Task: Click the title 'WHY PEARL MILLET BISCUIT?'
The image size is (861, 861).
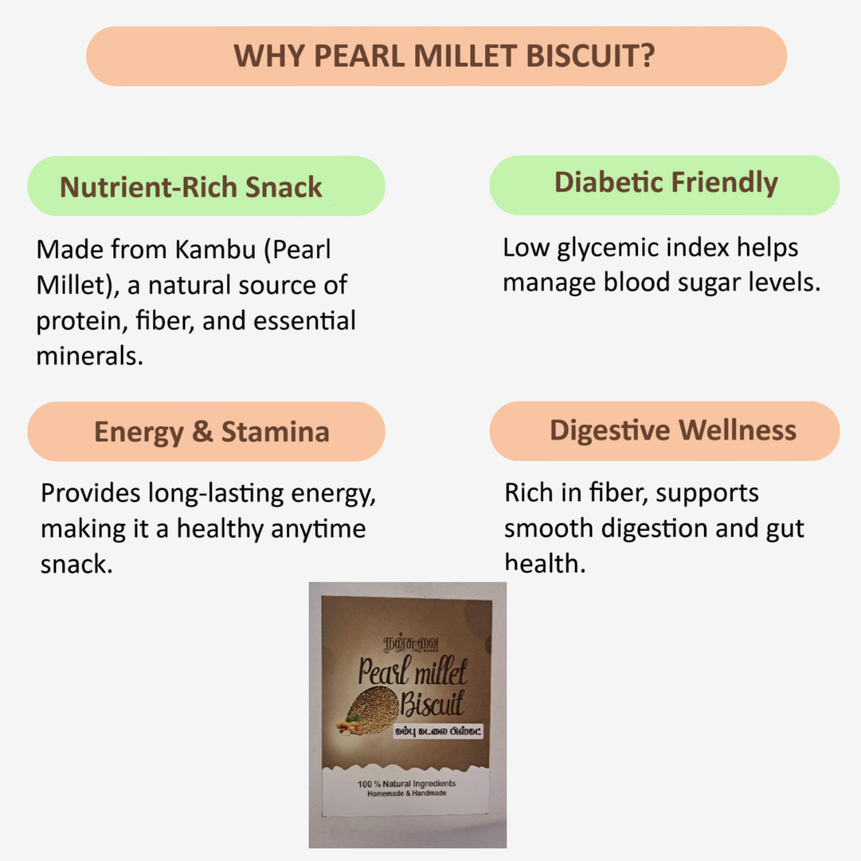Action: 444,56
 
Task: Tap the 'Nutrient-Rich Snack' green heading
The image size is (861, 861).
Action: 191,187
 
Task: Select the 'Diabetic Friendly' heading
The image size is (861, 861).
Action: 665,182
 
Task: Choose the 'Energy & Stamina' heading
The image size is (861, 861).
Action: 211,432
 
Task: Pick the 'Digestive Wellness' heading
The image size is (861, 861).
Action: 673,430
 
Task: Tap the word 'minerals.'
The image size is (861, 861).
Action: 89,356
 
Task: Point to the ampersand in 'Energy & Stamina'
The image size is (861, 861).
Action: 202,432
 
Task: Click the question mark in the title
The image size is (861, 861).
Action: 647,56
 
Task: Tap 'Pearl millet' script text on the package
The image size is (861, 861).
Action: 412,671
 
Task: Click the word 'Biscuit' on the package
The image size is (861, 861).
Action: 432,704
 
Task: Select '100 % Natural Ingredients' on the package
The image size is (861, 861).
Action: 406,784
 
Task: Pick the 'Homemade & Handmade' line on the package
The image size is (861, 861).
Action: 406,794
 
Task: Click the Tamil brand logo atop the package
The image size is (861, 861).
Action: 411,644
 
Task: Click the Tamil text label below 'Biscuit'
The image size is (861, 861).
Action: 438,731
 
